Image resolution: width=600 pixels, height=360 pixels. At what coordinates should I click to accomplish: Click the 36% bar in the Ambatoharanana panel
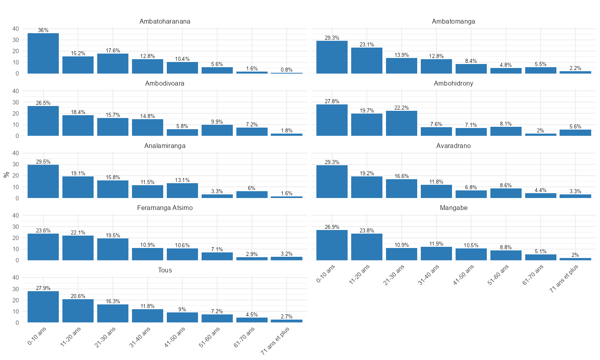(43, 53)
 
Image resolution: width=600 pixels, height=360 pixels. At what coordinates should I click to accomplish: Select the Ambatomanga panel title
(453, 22)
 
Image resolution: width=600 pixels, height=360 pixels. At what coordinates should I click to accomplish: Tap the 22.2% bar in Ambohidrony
(401, 123)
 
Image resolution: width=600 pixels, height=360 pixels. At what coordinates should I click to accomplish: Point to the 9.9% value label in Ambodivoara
(217, 122)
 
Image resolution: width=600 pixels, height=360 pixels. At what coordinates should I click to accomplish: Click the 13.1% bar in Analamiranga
(182, 190)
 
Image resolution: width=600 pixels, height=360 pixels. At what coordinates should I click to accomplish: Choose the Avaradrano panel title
(453, 146)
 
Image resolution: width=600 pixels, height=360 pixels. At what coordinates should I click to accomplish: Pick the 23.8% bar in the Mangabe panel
(366, 247)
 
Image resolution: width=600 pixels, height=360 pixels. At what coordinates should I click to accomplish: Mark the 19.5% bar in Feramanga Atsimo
(113, 249)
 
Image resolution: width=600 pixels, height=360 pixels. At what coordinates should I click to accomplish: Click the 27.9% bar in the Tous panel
(43, 307)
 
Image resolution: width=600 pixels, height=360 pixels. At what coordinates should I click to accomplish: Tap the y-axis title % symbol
(6, 175)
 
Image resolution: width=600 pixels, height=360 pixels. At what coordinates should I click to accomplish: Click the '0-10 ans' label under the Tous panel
(37, 336)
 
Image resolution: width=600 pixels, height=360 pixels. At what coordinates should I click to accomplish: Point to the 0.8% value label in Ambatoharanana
(286, 70)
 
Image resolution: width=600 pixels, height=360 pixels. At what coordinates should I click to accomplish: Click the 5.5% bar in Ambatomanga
(540, 70)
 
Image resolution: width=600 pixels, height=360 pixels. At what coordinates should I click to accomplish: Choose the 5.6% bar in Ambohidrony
(575, 133)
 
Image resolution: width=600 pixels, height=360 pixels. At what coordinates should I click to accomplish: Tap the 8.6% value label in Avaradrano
(506, 186)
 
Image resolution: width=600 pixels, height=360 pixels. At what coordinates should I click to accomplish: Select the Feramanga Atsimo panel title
(165, 208)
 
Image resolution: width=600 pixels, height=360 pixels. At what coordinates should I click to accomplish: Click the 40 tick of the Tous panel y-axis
(16, 278)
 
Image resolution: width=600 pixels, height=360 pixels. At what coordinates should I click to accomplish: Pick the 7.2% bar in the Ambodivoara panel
(252, 132)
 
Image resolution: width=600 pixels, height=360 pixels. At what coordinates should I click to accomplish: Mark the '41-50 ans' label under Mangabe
(464, 275)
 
